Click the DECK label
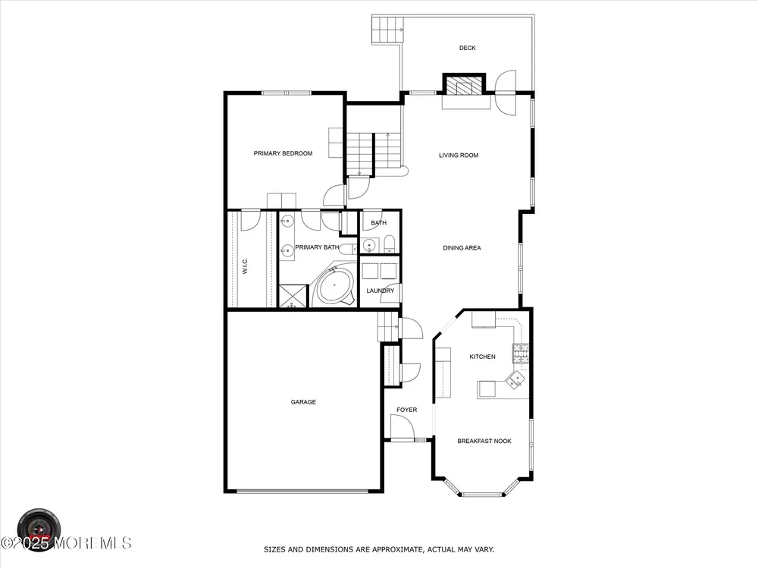[x=467, y=48]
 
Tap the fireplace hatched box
[x=464, y=86]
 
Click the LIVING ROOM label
[x=459, y=156]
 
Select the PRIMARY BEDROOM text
[x=283, y=153]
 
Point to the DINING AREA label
[x=462, y=248]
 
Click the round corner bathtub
[x=334, y=286]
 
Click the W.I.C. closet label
[x=245, y=266]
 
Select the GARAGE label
[x=303, y=402]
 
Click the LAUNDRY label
[x=380, y=291]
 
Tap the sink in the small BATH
[x=370, y=246]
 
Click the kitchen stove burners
[x=521, y=354]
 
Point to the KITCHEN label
[x=482, y=357]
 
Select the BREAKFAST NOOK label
[x=484, y=442]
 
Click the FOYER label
[x=406, y=410]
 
